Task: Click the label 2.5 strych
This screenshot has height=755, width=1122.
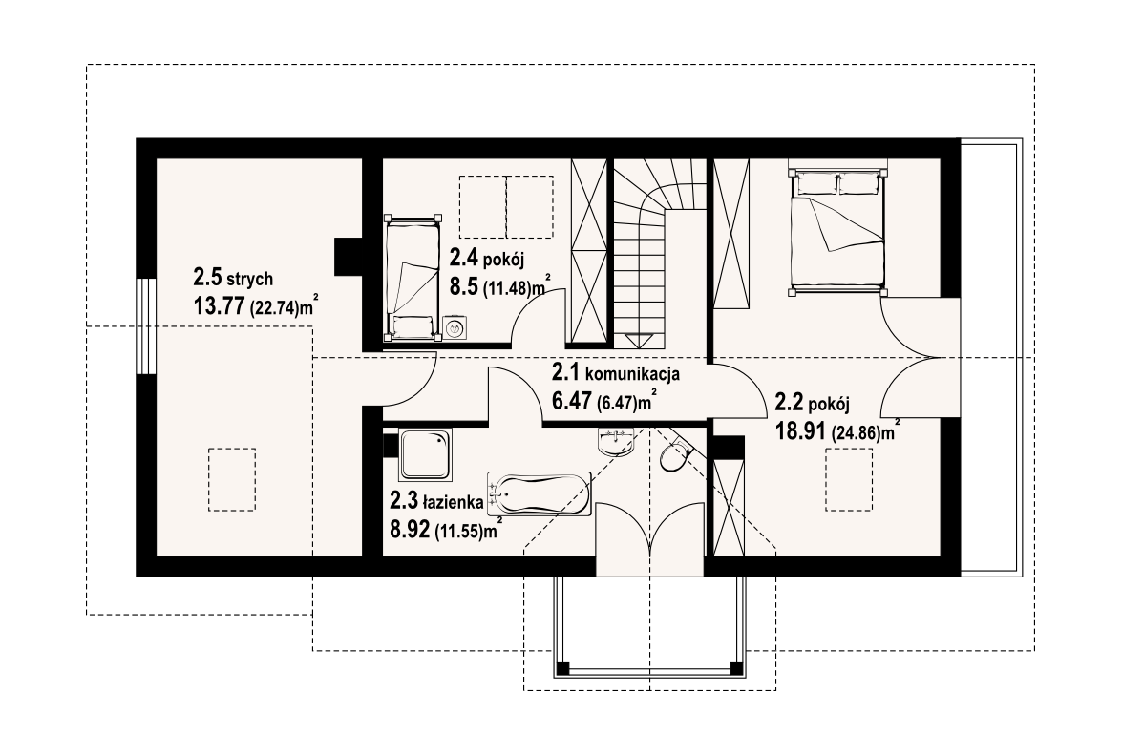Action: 233,277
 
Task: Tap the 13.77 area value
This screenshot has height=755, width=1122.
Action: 219,306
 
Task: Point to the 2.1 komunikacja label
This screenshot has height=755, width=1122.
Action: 615,372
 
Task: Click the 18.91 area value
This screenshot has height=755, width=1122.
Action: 801,431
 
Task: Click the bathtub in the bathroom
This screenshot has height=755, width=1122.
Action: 539,493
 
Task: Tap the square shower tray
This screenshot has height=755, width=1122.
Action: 425,454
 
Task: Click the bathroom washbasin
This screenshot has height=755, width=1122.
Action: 616,441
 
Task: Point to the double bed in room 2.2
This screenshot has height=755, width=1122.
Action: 837,232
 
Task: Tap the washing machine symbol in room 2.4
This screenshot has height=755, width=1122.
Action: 453,328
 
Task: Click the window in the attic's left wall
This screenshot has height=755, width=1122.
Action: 146,325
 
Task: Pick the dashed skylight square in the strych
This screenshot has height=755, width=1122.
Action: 232,478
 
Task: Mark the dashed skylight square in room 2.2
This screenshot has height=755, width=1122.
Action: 849,478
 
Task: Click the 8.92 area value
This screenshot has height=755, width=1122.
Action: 410,530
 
